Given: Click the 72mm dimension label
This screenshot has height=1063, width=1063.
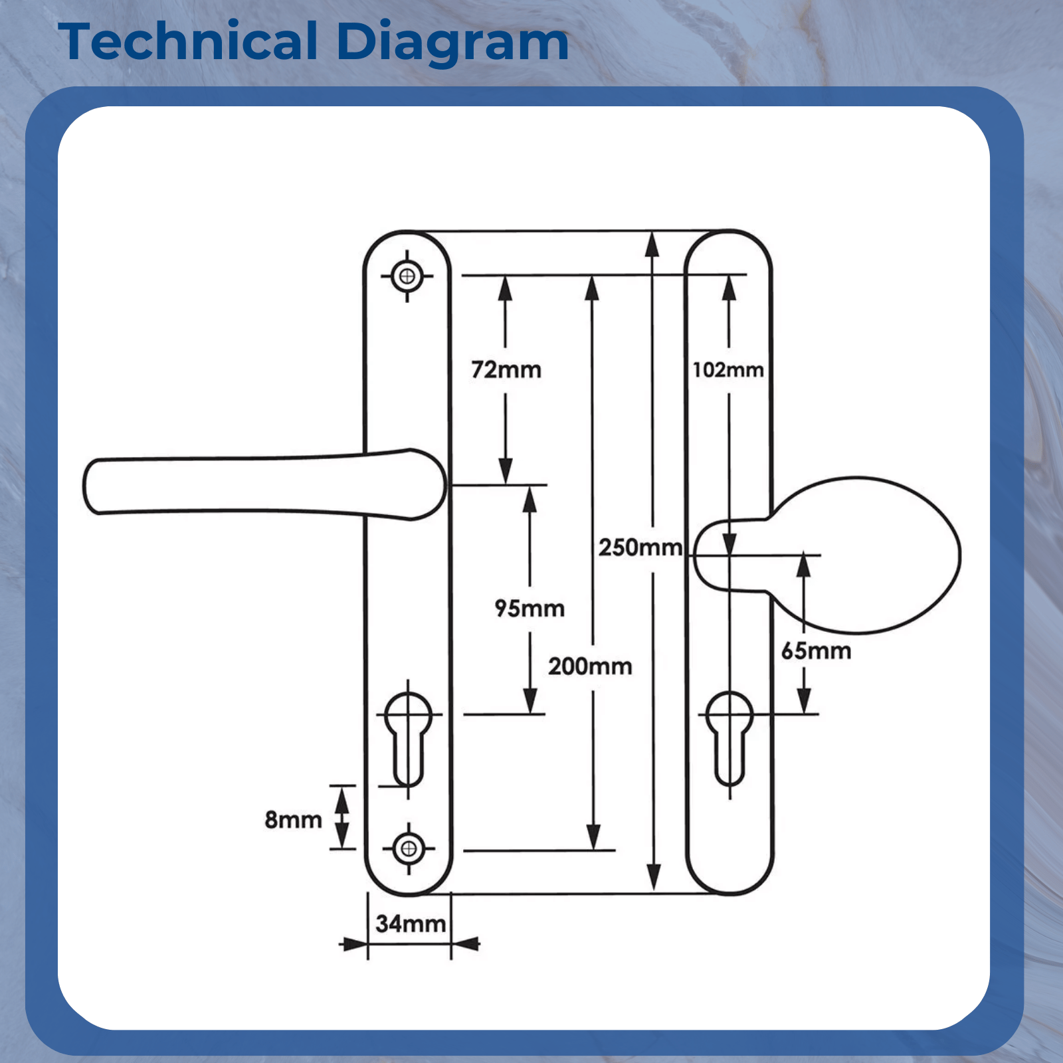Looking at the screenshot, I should coord(506,369).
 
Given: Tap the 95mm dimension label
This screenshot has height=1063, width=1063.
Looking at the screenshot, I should coord(530,608).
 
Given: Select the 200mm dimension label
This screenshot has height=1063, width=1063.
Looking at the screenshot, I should coord(590,666).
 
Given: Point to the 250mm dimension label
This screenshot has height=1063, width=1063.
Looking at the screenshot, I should coord(640,547).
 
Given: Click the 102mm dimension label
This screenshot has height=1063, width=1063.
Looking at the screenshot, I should coord(728,369).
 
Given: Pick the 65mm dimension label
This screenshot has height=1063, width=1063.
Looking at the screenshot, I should coord(816,650).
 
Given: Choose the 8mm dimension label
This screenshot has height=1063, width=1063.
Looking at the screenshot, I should coord(293,819).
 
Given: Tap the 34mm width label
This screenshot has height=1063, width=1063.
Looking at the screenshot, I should coord(411,923).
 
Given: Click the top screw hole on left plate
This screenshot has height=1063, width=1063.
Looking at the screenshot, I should coord(407,276).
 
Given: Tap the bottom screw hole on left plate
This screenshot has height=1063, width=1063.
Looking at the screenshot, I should coord(409,848).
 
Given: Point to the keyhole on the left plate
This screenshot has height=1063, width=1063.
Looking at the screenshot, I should coord(409,734).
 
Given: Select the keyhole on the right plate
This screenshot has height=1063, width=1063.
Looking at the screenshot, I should coord(729,734).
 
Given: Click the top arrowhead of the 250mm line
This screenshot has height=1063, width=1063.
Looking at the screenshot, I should coord(652,243).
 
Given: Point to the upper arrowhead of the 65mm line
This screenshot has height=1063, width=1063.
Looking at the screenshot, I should coord(804,565).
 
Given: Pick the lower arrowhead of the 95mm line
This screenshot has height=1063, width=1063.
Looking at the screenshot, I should coord(530,702).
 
